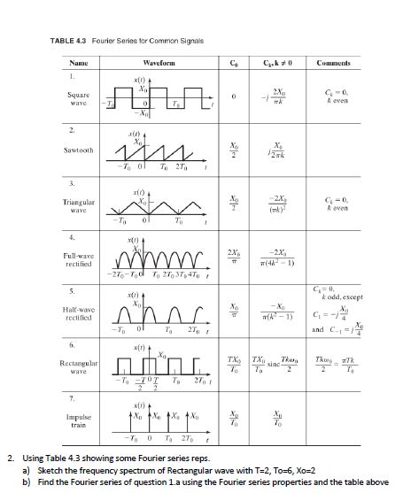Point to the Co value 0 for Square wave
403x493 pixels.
click(233, 97)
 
